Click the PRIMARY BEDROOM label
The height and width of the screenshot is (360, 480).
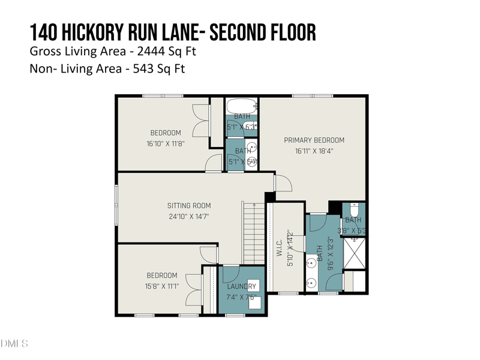314,140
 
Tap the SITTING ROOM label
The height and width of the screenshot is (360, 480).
188,206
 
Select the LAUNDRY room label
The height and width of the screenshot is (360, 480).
241,286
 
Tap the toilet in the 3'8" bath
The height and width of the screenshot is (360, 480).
354,210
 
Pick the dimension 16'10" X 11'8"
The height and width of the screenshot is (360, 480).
165,143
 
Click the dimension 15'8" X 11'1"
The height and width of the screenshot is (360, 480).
162,286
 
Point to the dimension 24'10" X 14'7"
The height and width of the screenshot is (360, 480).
188,217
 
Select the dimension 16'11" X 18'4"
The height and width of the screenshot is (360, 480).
314,151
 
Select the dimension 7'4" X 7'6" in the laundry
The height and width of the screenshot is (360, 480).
241,297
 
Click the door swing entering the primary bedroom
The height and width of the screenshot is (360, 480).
282,183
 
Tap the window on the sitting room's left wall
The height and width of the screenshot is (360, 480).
116,205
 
